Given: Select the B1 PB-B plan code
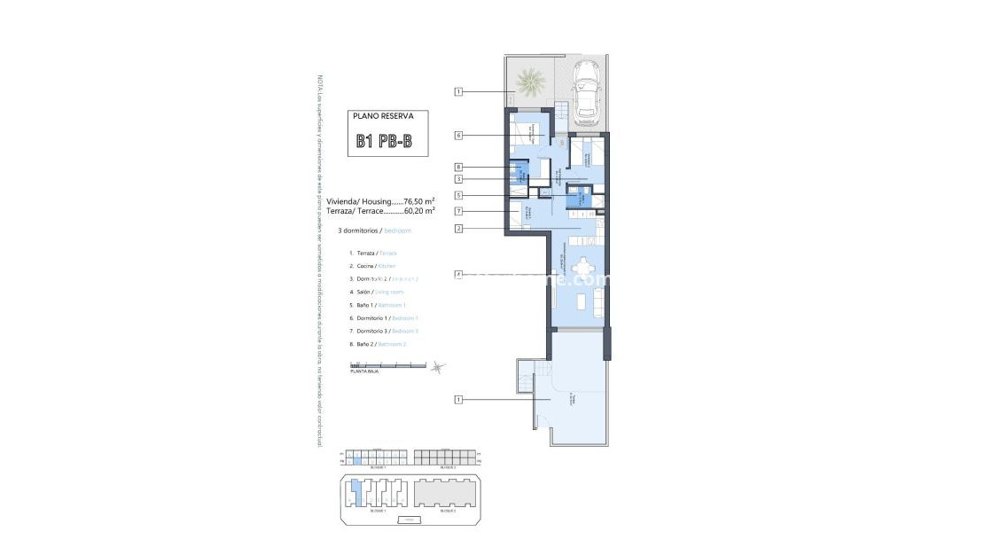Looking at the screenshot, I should coord(384,141).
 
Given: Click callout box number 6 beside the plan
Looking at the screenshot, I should coord(458,136).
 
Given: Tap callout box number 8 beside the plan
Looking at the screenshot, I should coord(458,167).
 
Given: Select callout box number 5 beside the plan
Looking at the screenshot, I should coord(458,195).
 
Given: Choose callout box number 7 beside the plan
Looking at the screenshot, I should coord(458,212).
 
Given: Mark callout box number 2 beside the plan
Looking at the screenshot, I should coord(458,229).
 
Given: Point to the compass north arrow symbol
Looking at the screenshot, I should coord(436,368).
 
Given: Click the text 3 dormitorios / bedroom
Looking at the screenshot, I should coord(375,231).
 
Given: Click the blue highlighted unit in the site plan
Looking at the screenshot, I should coord(355,490).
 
